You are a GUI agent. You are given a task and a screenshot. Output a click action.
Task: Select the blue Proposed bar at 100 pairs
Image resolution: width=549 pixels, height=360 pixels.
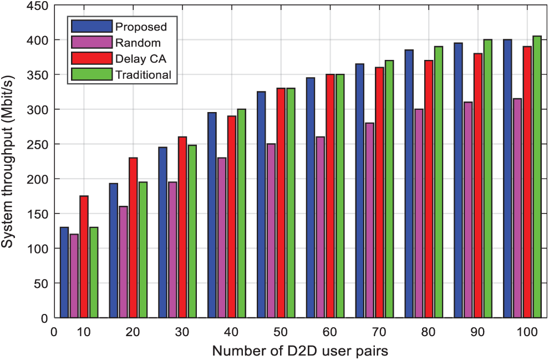(507, 179)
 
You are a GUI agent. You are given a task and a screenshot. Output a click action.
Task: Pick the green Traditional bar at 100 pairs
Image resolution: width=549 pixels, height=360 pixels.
(537, 177)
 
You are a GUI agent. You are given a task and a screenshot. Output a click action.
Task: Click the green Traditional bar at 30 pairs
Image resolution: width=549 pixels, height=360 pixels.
(192, 231)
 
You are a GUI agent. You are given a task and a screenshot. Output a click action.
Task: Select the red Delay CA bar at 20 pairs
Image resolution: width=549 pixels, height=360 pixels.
(133, 238)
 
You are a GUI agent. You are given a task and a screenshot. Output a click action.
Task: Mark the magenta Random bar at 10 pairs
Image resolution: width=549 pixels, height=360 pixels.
(74, 276)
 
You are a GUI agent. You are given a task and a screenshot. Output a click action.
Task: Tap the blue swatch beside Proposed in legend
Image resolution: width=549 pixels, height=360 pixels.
(91, 27)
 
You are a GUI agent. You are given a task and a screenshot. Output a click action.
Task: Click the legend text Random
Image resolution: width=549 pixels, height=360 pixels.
(138, 43)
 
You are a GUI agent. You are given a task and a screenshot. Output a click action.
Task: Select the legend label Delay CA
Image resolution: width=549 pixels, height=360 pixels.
(141, 59)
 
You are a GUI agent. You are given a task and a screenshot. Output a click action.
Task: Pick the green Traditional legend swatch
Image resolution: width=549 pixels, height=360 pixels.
(91, 74)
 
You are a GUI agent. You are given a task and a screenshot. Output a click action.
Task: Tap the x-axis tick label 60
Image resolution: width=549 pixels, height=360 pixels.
(330, 332)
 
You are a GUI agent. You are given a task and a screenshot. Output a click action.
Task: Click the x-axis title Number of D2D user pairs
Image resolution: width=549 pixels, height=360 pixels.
(306, 351)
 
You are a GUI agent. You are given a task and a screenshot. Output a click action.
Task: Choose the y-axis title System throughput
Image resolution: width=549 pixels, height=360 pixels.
(8, 164)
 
